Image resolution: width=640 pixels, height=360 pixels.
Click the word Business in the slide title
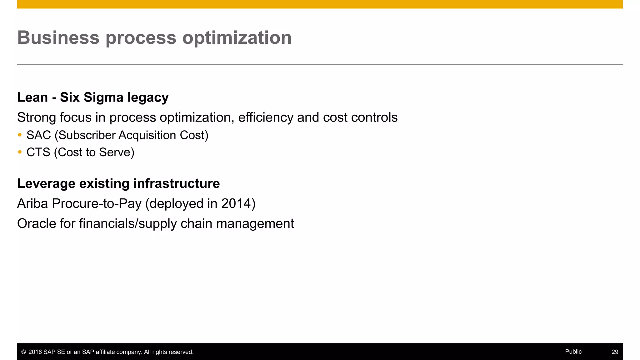[x=58, y=37]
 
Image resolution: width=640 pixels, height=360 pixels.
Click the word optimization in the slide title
[x=237, y=37]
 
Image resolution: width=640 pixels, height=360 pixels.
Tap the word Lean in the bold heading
[x=32, y=97]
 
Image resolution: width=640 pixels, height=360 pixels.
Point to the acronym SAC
[x=38, y=135]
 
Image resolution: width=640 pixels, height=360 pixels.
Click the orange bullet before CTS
[x=20, y=152]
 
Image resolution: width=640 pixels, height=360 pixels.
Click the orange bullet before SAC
[x=20, y=135]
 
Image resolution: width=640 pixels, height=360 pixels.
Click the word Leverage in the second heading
[x=46, y=183]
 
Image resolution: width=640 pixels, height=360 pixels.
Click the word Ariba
[x=32, y=203]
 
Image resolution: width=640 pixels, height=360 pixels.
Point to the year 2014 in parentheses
[x=236, y=203]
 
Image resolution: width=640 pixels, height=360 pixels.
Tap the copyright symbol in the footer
[x=23, y=352]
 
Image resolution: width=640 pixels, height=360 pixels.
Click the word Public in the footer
[x=573, y=352]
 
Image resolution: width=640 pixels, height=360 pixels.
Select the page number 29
[x=615, y=352]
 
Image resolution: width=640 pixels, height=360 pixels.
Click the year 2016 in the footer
[x=35, y=352]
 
